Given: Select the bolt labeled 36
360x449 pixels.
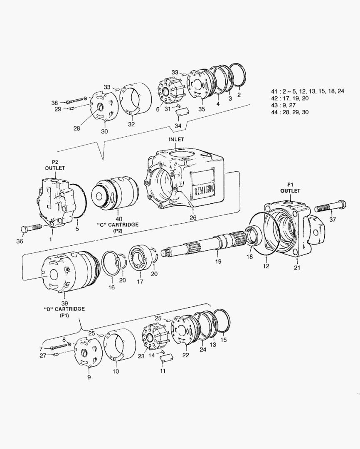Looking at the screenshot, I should point(32,228).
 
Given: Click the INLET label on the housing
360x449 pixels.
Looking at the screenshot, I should point(176,140).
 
